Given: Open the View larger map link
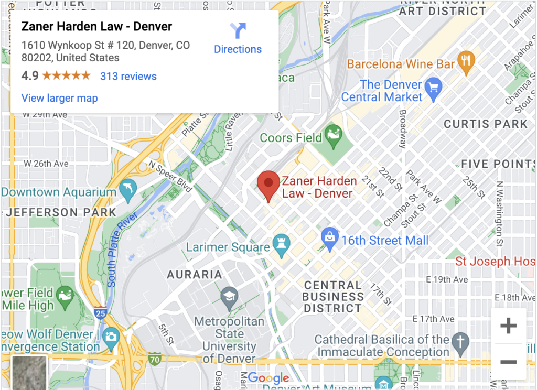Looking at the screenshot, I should tap(59, 98).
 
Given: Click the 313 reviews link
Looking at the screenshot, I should tap(128, 76).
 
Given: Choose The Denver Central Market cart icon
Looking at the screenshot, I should tap(433, 87).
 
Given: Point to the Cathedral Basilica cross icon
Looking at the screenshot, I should tap(460, 340).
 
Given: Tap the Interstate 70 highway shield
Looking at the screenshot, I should tap(154, 360).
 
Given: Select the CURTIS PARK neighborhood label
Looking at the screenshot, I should tap(486, 124).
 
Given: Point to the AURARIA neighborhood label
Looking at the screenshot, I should tap(195, 274).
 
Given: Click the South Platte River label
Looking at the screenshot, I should tap(122, 250).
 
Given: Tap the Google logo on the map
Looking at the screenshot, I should tap(268, 378).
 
